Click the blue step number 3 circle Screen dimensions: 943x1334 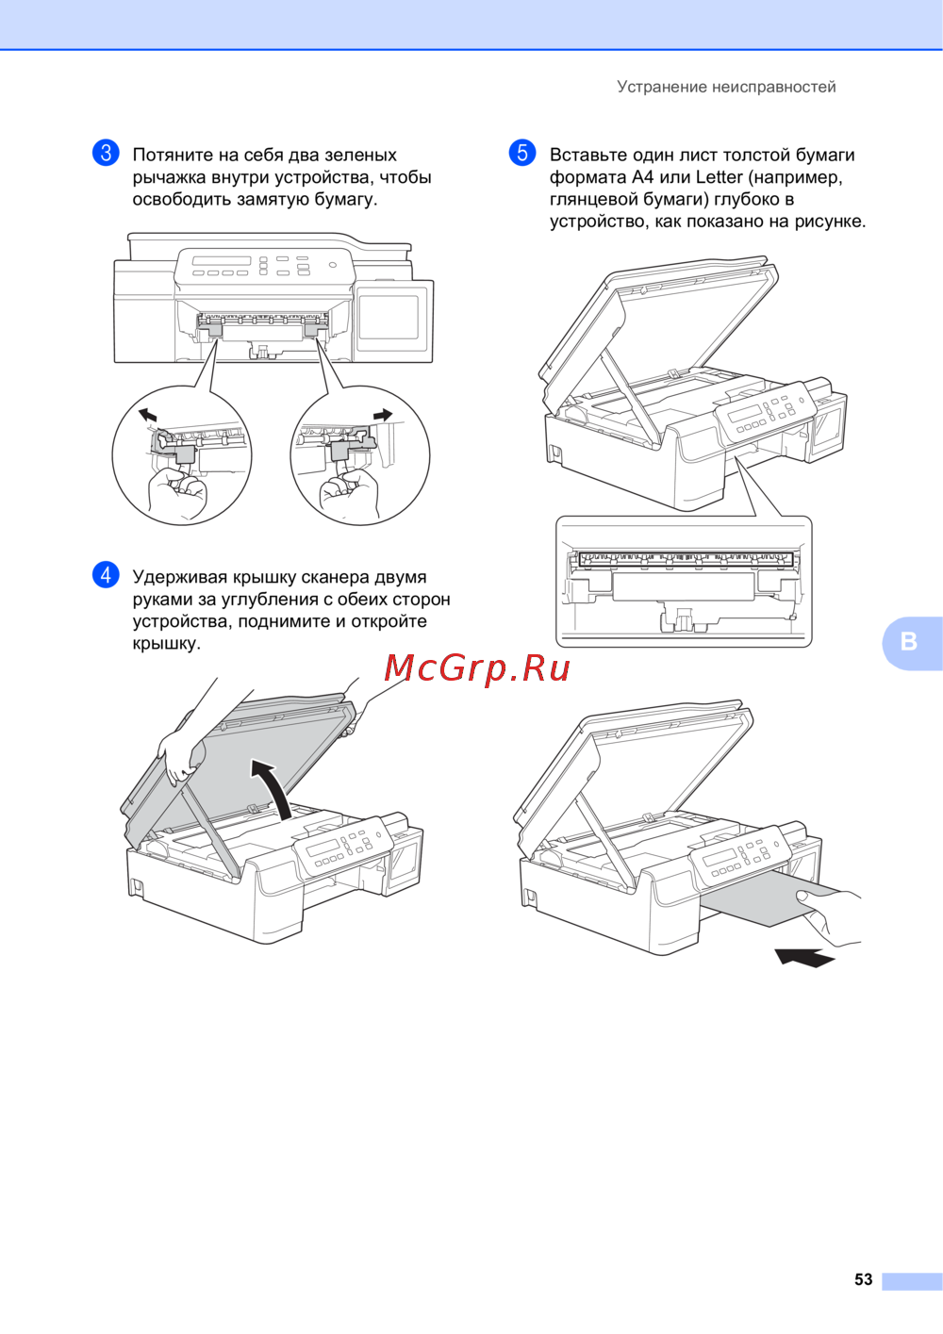pos(106,153)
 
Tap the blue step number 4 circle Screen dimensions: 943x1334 pos(106,575)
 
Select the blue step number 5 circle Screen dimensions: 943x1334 pos(522,153)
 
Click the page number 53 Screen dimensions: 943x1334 pos(863,1279)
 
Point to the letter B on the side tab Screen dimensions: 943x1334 pos(908,642)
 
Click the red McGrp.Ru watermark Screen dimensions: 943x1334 pos(477,668)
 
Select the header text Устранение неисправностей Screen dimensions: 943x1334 pos(726,87)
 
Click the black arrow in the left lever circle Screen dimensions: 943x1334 pos(147,415)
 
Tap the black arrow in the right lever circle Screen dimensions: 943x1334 pos(383,415)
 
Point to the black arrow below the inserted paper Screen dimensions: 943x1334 pos(804,957)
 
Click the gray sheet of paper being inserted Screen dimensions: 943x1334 pos(774,905)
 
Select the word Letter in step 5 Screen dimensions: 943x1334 pos(719,177)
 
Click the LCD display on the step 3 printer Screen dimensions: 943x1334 pos(221,261)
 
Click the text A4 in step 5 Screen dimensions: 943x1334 pos(643,177)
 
